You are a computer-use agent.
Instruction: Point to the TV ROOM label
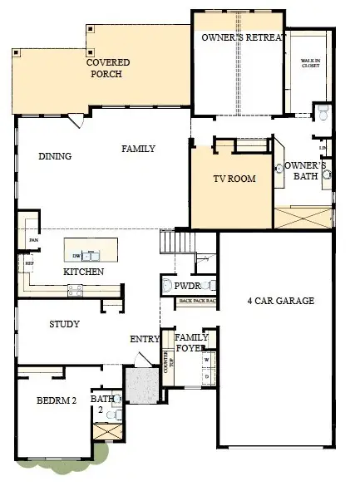[x=234, y=179]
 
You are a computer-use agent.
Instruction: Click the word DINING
[x=55, y=155]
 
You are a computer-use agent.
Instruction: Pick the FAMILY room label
[x=139, y=149]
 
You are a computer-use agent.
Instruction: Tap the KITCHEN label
[x=83, y=272]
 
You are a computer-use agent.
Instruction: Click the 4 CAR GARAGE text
[x=281, y=301]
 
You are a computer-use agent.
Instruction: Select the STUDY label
[x=64, y=324]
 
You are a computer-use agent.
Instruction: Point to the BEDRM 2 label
[x=57, y=400]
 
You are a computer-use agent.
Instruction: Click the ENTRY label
[x=145, y=339]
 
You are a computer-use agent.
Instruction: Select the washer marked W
[x=206, y=360]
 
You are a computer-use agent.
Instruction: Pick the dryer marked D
[x=206, y=376]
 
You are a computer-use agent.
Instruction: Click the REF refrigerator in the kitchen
[x=29, y=265]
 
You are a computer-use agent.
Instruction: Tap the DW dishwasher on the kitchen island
[x=76, y=256]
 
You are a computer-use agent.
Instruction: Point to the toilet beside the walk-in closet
[x=323, y=110]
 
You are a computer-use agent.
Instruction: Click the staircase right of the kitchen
[x=176, y=243]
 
